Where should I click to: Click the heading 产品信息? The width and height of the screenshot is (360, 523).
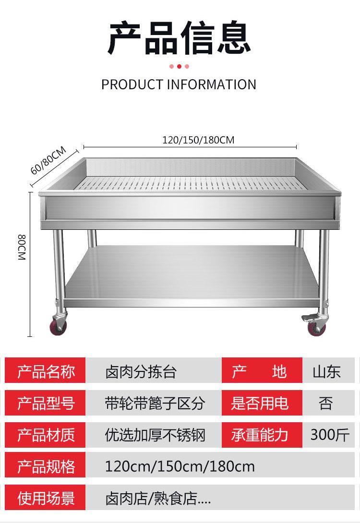(180, 36)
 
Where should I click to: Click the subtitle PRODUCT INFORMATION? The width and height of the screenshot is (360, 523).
(179, 84)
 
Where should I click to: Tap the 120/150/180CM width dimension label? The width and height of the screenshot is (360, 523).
(198, 140)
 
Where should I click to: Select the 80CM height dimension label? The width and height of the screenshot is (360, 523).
(22, 248)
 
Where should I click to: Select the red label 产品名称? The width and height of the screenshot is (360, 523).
(46, 371)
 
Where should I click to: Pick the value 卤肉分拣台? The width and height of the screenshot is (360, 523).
(141, 372)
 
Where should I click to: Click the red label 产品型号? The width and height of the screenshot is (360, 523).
(46, 403)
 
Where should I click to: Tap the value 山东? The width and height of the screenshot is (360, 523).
(326, 372)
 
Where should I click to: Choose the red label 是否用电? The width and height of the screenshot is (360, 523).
(260, 403)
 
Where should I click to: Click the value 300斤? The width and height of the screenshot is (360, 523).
(330, 434)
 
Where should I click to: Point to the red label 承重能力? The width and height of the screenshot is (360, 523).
(260, 435)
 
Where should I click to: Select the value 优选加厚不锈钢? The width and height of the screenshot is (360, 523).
(155, 435)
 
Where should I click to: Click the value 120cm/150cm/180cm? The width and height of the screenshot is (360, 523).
(180, 466)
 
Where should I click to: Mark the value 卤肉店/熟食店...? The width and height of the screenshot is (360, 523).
(158, 498)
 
